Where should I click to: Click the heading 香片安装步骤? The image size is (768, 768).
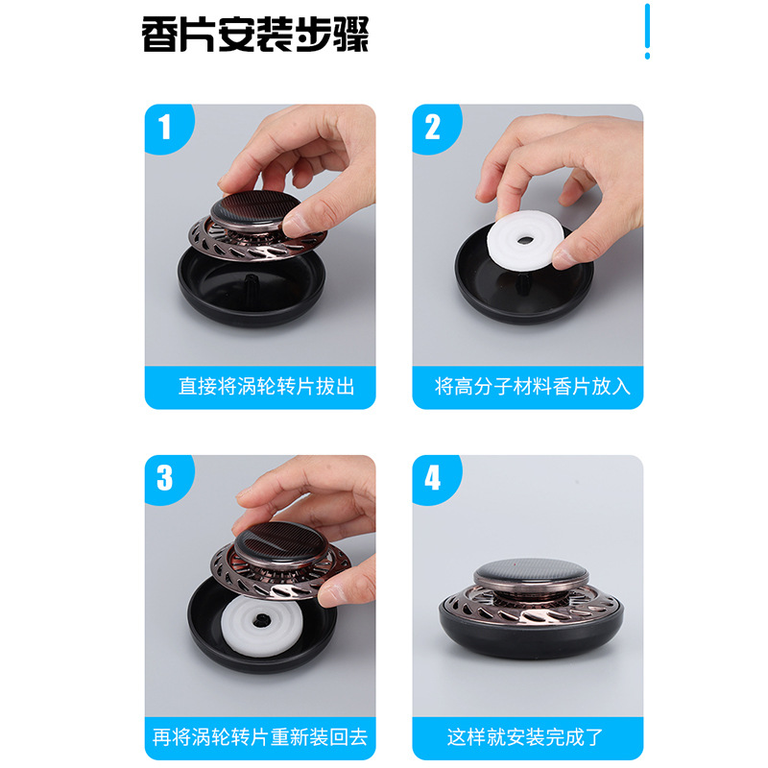tap(254, 35)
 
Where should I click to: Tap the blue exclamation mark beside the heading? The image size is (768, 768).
tap(647, 32)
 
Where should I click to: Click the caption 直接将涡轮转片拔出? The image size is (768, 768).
tap(266, 387)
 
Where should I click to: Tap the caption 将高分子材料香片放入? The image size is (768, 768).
tap(533, 387)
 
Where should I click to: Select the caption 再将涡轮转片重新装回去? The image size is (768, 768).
tap(260, 737)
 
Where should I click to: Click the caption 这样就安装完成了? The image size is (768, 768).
tap(525, 737)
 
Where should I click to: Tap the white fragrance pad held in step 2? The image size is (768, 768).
tap(525, 239)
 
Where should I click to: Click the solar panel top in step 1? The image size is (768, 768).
tap(255, 205)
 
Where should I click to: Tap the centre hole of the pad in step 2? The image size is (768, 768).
tap(524, 241)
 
